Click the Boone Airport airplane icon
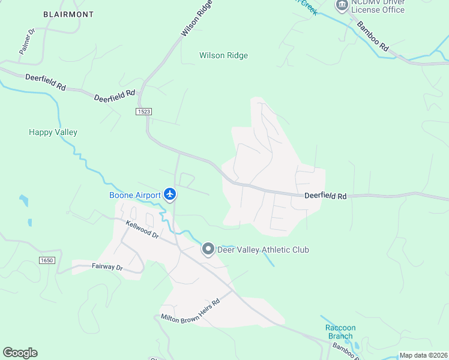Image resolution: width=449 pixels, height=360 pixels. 170,194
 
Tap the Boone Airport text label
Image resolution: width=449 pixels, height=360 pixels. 135,195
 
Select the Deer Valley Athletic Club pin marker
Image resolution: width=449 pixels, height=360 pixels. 208,249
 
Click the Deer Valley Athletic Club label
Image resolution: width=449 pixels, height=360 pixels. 263,250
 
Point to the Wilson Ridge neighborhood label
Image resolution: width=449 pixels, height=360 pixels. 223,56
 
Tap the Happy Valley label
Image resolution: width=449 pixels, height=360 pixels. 53,132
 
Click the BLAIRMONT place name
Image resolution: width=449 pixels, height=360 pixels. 68,13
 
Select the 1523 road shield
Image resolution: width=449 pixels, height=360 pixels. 143,112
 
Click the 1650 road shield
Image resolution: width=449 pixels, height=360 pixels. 47,260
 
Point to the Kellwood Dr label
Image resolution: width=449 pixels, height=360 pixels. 142,230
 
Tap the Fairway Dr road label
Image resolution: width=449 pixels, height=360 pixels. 107,266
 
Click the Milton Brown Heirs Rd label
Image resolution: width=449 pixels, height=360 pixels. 190,309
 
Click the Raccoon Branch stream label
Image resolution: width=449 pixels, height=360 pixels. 340,332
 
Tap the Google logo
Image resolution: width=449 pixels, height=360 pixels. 20,353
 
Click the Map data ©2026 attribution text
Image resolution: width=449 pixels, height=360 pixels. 423,355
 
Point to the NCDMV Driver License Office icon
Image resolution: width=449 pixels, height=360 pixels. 342,5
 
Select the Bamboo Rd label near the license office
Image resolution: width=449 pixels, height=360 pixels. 373,36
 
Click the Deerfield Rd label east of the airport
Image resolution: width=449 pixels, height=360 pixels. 325,196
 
